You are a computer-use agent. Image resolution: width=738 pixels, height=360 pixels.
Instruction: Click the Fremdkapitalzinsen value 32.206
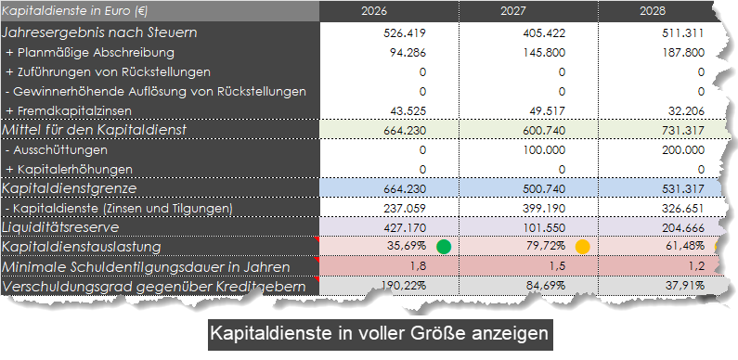[686, 110]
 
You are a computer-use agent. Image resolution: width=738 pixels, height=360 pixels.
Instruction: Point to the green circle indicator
[444, 247]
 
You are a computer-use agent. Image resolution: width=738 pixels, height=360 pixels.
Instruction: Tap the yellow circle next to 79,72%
[582, 247]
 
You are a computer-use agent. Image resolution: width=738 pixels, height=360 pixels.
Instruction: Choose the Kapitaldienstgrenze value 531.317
[681, 188]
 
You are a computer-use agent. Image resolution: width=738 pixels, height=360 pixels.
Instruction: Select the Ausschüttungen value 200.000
[681, 149]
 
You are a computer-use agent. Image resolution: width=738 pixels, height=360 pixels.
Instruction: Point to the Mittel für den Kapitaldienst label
[109, 130]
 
